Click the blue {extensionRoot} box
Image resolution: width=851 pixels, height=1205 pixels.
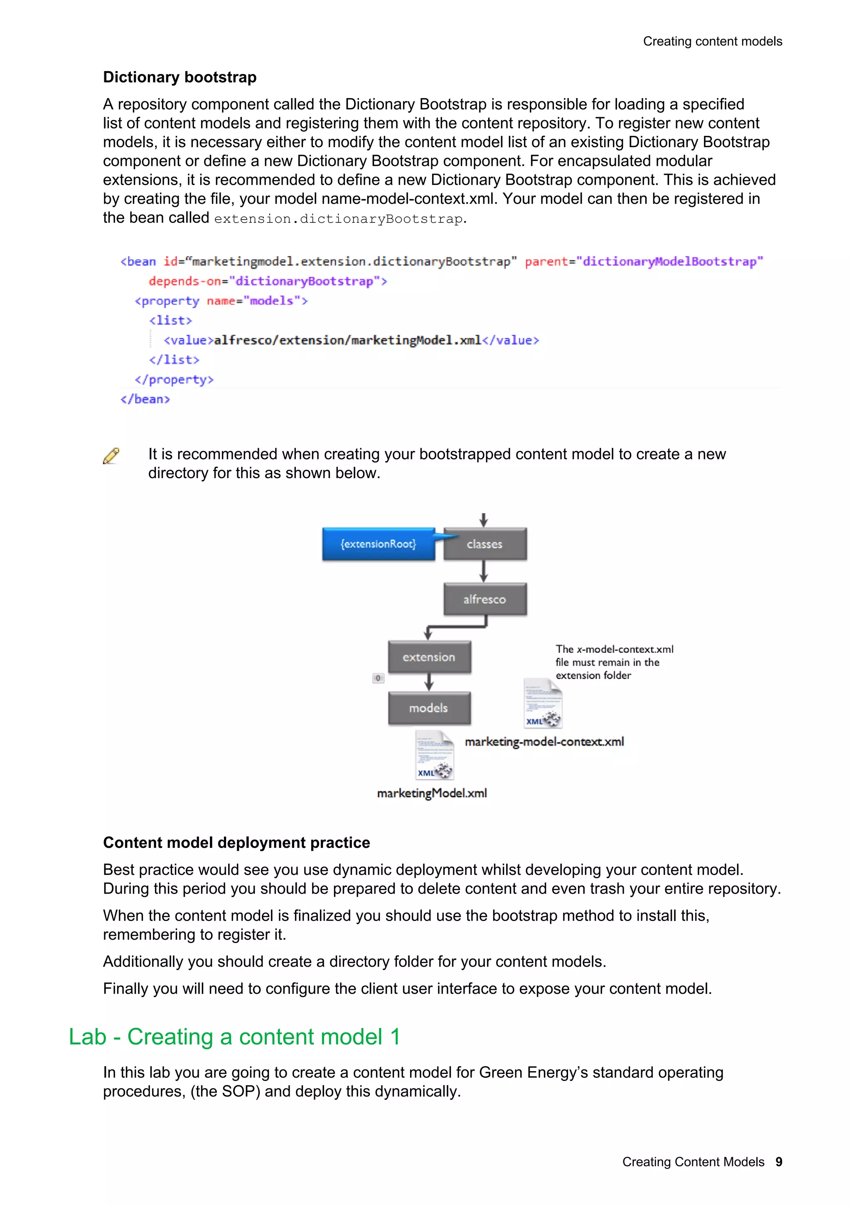[378, 544]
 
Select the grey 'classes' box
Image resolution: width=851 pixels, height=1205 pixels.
[485, 544]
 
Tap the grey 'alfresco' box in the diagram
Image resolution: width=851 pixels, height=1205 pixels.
[485, 599]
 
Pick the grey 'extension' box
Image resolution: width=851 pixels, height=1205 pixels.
[429, 657]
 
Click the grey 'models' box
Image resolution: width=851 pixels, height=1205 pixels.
[429, 708]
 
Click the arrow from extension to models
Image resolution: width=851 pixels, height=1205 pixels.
[429, 682]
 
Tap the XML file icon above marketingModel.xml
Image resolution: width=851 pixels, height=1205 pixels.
[435, 755]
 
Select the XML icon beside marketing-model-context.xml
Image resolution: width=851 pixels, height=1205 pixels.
[543, 703]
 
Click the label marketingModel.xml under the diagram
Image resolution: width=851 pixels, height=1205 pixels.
[432, 793]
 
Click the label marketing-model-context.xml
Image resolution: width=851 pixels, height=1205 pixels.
[544, 741]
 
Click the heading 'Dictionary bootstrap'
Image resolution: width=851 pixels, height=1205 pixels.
[180, 77]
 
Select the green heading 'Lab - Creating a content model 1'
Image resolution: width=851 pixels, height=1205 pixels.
[234, 1037]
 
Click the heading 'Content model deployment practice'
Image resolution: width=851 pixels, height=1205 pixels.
[236, 842]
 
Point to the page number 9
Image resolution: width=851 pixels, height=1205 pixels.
[779, 1162]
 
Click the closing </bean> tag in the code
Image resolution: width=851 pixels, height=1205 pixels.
[145, 400]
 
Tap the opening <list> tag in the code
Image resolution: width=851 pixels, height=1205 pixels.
[170, 321]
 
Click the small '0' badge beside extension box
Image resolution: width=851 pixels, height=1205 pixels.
[378, 678]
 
